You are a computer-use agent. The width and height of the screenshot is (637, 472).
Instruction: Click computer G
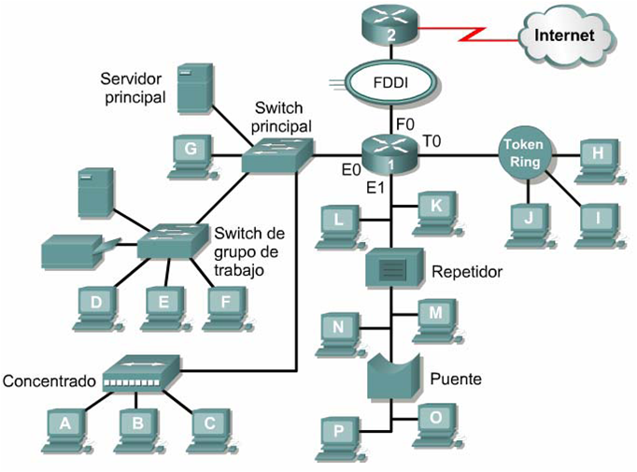click(191, 153)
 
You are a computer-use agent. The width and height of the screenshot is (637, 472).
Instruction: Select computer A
click(65, 426)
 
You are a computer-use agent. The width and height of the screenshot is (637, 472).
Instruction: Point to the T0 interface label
click(432, 141)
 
